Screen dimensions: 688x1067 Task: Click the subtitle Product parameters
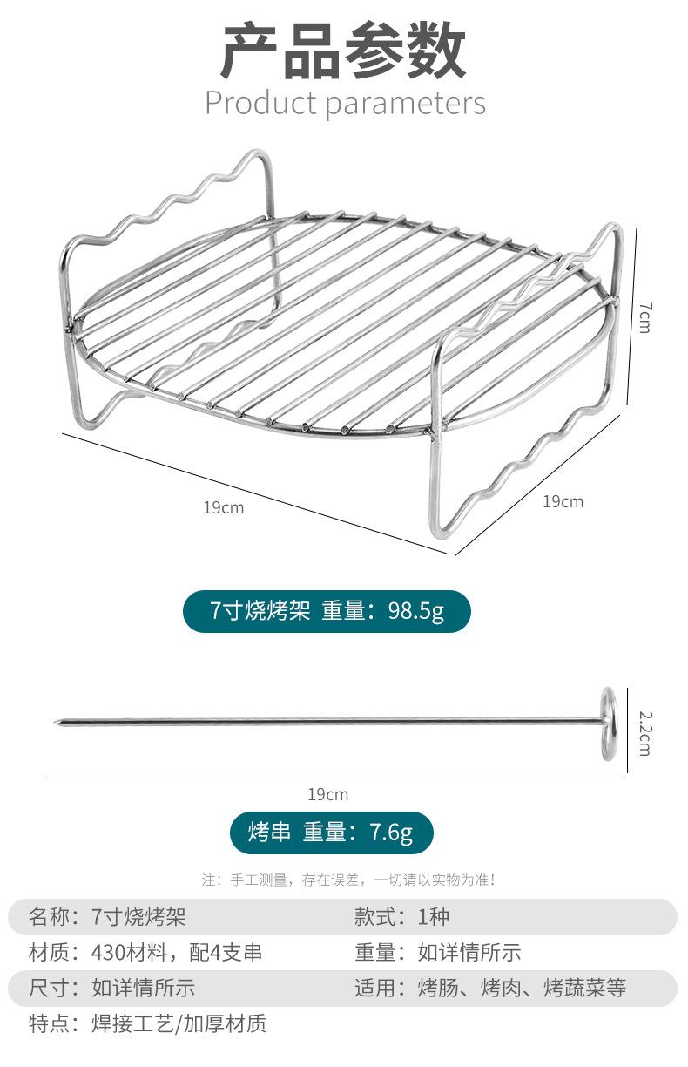click(345, 103)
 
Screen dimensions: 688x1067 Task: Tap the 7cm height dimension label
click(644, 317)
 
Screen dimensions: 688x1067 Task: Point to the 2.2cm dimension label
click(644, 732)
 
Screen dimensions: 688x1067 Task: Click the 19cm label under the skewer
click(327, 794)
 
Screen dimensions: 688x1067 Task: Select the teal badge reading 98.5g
click(327, 611)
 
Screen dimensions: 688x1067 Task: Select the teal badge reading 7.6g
click(331, 833)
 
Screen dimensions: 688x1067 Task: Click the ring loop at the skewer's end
click(608, 723)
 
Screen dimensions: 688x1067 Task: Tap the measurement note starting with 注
click(349, 880)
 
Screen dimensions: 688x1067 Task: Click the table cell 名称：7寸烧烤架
click(108, 917)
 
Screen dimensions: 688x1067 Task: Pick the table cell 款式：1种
click(401, 917)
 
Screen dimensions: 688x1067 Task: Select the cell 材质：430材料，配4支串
click(145, 953)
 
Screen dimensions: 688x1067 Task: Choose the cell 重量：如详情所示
click(437, 953)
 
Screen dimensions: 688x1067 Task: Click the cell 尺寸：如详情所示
click(111, 988)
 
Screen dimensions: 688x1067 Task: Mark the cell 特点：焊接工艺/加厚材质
click(147, 1023)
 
